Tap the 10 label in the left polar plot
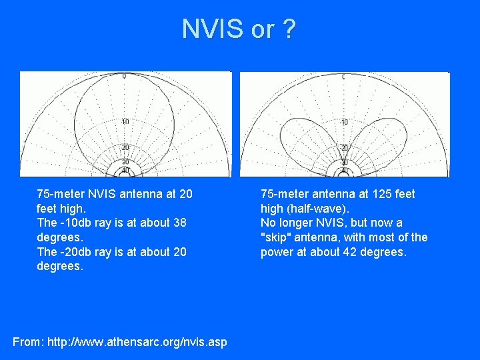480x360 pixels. (125, 121)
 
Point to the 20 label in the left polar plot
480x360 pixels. (125, 147)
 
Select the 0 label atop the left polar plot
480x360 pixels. (125, 77)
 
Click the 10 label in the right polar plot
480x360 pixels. (345, 122)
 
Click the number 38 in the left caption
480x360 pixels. (179, 223)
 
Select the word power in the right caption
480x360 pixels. (276, 252)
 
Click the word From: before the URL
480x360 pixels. (27, 342)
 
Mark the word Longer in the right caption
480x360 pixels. (297, 223)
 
